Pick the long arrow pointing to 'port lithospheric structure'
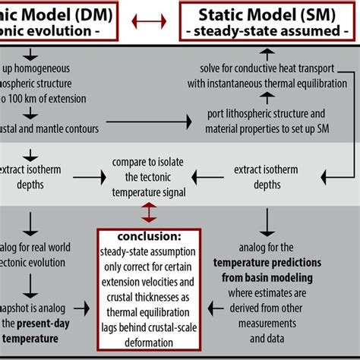(151, 120)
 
